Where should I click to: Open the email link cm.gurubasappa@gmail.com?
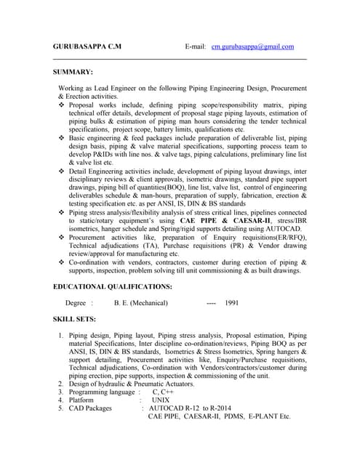[x=252, y=46]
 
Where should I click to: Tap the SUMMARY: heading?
[x=73, y=72]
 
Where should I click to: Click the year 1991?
[x=232, y=303]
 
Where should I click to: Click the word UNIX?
[x=161, y=400]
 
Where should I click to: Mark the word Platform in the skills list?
[x=81, y=400]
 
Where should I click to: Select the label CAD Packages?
[x=90, y=408]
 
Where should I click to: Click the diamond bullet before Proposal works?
[x=61, y=105]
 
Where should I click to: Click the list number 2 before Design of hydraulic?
[x=60, y=383]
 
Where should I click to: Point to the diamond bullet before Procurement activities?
[x=61, y=237]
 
